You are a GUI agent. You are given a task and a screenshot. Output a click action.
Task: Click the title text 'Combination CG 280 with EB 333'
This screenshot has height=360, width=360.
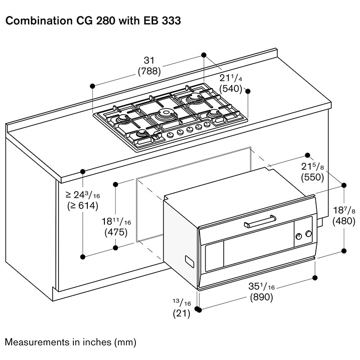[x=93, y=21]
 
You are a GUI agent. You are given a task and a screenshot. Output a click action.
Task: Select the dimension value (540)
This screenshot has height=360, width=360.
[x=231, y=88]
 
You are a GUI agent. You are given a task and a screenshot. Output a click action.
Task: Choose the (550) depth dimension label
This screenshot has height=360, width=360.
[x=312, y=177]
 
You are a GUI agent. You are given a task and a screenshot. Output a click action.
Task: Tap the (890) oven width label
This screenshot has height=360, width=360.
[x=261, y=297]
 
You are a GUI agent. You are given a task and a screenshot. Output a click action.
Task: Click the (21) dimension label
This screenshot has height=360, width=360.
[x=182, y=314]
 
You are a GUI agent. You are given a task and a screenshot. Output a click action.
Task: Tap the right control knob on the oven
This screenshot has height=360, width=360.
[x=308, y=234]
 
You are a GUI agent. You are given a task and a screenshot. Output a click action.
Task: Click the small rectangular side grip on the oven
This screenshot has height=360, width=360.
[x=188, y=261]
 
